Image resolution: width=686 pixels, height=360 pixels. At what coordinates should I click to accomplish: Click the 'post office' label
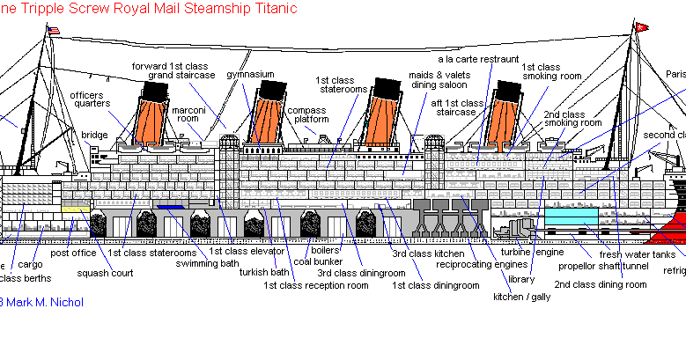coord(73,253)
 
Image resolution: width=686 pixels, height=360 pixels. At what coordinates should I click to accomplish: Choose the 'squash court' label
coord(104,273)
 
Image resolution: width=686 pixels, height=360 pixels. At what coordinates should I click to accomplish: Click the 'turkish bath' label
coord(265,272)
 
